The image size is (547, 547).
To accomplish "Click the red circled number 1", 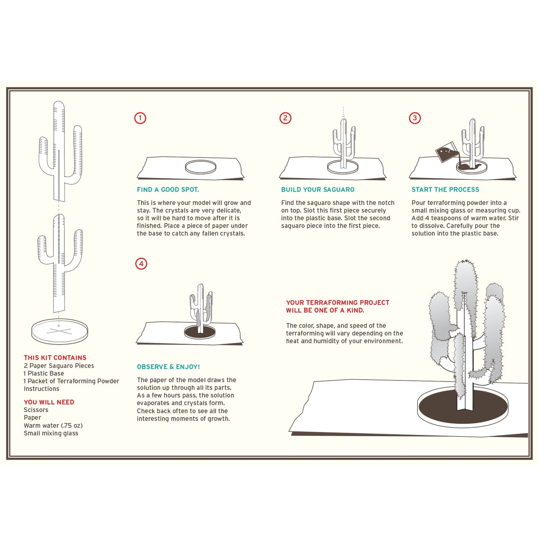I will pyautogui.click(x=140, y=118).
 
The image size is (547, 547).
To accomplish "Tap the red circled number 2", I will pyautogui.click(x=285, y=118).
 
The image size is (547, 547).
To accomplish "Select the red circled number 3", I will pyautogui.click(x=415, y=118).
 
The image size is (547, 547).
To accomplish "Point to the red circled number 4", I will pyautogui.click(x=141, y=263).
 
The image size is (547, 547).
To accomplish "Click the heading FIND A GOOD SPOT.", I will pyautogui.click(x=168, y=190).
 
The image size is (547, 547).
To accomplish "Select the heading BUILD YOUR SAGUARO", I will pyautogui.click(x=318, y=190).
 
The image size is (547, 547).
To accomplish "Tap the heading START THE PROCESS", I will pyautogui.click(x=445, y=190).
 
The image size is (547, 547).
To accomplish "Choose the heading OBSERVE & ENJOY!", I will pyautogui.click(x=168, y=367).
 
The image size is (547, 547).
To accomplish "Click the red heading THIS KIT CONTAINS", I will pyautogui.click(x=55, y=358).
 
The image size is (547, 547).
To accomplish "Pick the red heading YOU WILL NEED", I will pyautogui.click(x=49, y=402).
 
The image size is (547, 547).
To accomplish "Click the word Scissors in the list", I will pyautogui.click(x=36, y=410).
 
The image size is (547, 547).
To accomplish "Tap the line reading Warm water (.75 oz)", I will pyautogui.click(x=53, y=425).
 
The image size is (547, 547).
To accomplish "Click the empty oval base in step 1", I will pyautogui.click(x=201, y=167).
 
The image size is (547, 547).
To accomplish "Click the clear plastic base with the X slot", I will pyautogui.click(x=59, y=332).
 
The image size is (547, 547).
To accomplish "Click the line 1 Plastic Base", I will pyautogui.click(x=44, y=373).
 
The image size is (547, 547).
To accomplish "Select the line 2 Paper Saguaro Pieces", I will pyautogui.click(x=59, y=366).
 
